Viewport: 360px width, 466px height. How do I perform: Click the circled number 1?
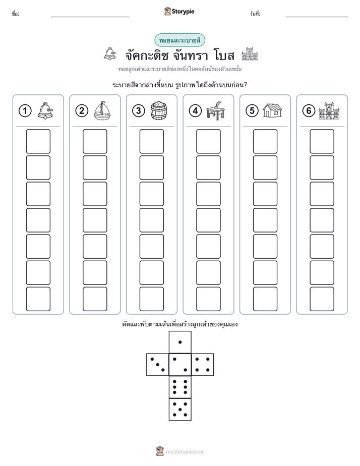[25, 111]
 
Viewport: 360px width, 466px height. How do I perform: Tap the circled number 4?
[195, 111]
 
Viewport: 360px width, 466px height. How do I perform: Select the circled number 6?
[309, 111]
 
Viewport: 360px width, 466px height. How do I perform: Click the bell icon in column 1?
[45, 110]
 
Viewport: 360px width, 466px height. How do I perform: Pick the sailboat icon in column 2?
[102, 110]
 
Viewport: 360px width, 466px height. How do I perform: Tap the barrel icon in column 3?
[159, 110]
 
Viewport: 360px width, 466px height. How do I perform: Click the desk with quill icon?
[216, 110]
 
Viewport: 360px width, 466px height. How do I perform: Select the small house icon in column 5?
[272, 110]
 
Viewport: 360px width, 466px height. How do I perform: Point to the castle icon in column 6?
[329, 110]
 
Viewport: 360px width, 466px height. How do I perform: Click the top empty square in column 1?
[38, 141]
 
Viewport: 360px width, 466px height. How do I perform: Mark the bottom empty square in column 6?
[322, 299]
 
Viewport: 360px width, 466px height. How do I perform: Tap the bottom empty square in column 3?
[151, 299]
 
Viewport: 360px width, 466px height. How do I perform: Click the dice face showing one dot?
[180, 342]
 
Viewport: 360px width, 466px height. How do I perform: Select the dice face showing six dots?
[180, 387]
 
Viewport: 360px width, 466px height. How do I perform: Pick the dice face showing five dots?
[180, 410]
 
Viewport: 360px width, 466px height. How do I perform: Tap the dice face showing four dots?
[203, 365]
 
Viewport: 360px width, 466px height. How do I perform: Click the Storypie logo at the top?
[179, 11]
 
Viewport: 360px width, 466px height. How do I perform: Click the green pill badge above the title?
[179, 40]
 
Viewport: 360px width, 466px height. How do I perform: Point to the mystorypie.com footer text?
[185, 452]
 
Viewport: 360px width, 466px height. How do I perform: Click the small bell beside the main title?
[110, 54]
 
